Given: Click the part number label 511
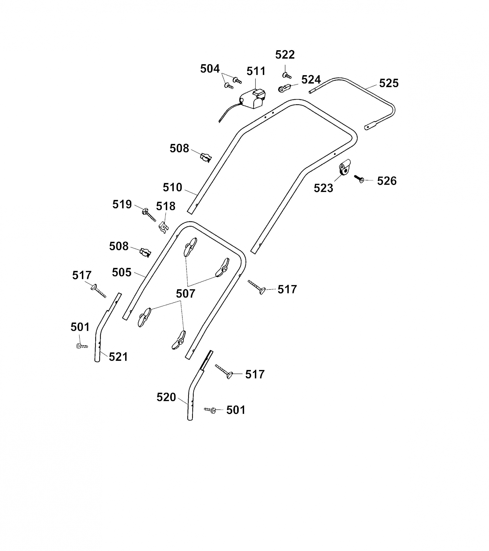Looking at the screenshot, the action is coord(256,71).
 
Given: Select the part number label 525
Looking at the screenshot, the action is coord(389,83).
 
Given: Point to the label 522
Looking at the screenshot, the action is coord(285,55).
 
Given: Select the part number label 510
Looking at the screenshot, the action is coord(172,187).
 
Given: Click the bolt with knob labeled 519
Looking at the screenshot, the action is coord(149,215).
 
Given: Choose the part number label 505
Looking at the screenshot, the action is coord(122,273).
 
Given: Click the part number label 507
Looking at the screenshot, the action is coord(186,294).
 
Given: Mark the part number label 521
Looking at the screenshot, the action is coord(118,357).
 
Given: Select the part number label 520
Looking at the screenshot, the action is coord(166,397).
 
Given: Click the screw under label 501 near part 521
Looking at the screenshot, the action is coord(82,346).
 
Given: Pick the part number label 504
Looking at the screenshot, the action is coord(210,69).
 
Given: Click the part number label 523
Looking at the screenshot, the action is coord(323,188).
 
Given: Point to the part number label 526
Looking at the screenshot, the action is coord(387,181).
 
